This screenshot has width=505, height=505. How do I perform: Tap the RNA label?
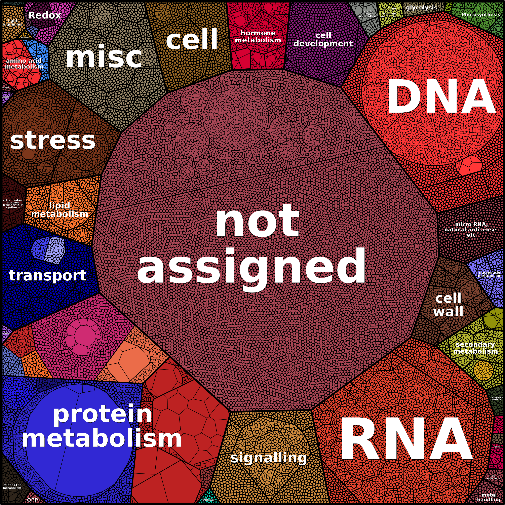[x=406, y=439]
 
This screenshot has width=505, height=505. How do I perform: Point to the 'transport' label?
[x=48, y=275]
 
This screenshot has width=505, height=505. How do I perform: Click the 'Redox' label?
[x=44, y=15]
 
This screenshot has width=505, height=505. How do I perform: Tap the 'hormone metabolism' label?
[x=258, y=37]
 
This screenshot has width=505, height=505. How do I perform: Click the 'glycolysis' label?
[x=421, y=8]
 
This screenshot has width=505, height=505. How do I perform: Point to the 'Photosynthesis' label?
[x=481, y=15]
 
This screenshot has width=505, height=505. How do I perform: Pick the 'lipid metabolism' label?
[x=60, y=210]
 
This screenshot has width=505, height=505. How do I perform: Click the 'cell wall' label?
[x=448, y=305]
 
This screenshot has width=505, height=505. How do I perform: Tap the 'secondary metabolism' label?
[x=475, y=348]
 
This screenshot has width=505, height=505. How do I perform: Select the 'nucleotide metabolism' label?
[x=490, y=274]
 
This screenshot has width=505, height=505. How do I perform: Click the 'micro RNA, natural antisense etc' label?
[x=470, y=230]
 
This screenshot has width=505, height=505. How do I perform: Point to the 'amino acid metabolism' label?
[x=24, y=64]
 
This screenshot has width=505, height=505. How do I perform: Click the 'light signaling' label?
[x=12, y=23]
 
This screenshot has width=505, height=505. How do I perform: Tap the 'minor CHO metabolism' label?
[x=12, y=486]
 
